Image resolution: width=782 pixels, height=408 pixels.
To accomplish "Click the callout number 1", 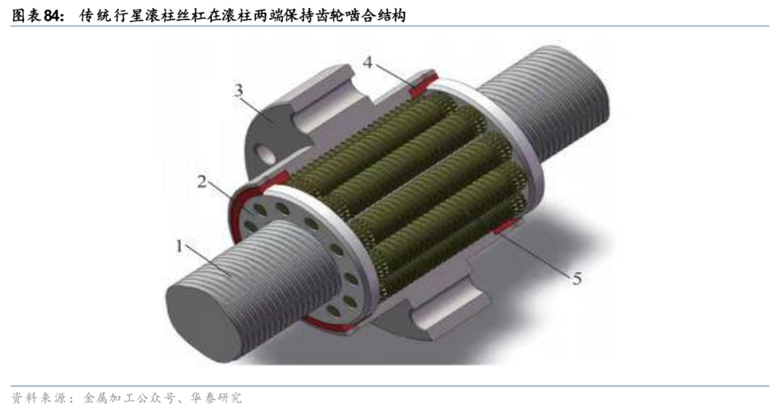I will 179,246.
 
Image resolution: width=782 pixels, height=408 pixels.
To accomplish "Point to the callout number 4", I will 368,61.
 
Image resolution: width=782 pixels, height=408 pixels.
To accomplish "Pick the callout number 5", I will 577,278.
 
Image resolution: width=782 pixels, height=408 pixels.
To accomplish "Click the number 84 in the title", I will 54,15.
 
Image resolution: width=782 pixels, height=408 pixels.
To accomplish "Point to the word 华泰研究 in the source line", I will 218,398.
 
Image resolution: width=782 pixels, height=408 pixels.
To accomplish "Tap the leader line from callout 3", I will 259,109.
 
